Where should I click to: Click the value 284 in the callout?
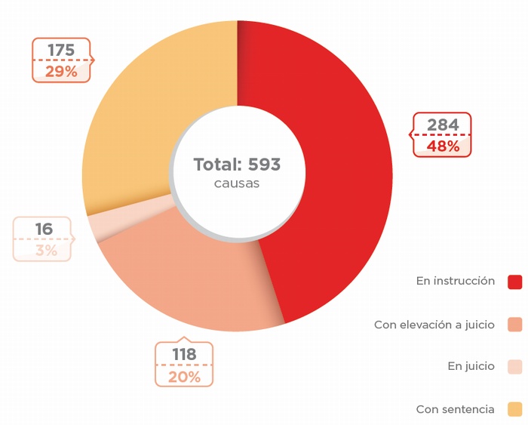(x=443, y=125)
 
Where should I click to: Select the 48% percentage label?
(x=443, y=146)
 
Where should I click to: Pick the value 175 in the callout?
(x=61, y=50)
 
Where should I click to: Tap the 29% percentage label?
(x=61, y=72)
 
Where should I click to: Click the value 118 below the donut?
(x=183, y=354)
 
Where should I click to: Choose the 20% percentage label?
(x=184, y=376)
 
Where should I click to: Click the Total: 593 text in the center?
(x=237, y=165)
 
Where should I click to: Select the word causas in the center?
(x=237, y=183)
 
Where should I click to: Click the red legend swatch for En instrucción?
(x=515, y=282)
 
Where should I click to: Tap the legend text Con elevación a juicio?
(x=434, y=325)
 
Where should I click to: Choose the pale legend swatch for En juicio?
(x=515, y=367)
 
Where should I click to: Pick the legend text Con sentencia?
(x=456, y=409)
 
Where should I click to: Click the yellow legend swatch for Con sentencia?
(x=515, y=409)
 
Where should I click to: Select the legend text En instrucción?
(x=456, y=281)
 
